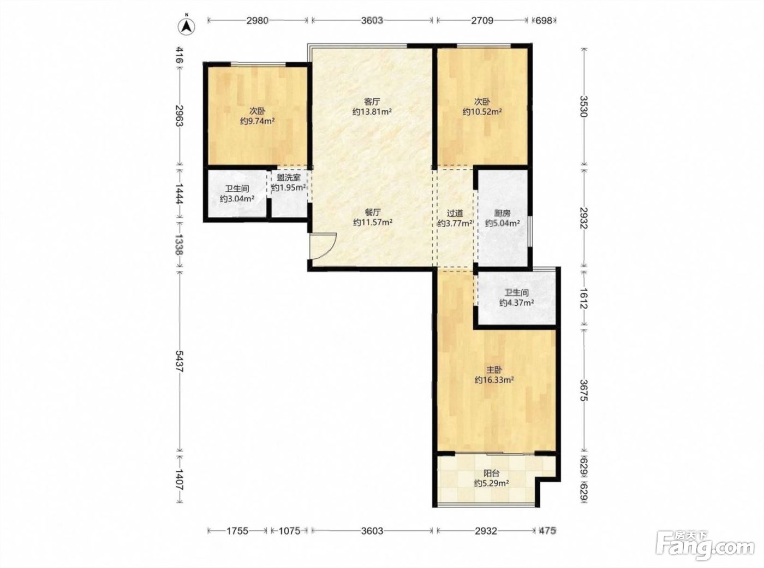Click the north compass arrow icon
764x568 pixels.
click(186, 26)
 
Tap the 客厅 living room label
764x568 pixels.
click(372, 102)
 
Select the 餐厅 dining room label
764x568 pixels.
click(372, 212)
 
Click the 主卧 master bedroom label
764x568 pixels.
click(494, 370)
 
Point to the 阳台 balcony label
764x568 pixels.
click(491, 474)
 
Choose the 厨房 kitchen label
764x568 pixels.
click(502, 214)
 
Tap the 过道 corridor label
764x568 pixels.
click(455, 214)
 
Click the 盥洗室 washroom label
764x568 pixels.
click(289, 177)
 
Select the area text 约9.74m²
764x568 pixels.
click(258, 121)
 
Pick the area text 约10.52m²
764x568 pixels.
click(482, 112)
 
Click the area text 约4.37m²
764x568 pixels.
click(517, 303)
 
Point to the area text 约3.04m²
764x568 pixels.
click(237, 199)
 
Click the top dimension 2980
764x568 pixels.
click(258, 20)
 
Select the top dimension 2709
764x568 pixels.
click(482, 20)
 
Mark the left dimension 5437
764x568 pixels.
click(179, 361)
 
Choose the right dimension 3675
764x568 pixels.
click(583, 390)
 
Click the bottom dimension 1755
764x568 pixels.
click(237, 531)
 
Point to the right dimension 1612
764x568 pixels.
click(583, 298)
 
